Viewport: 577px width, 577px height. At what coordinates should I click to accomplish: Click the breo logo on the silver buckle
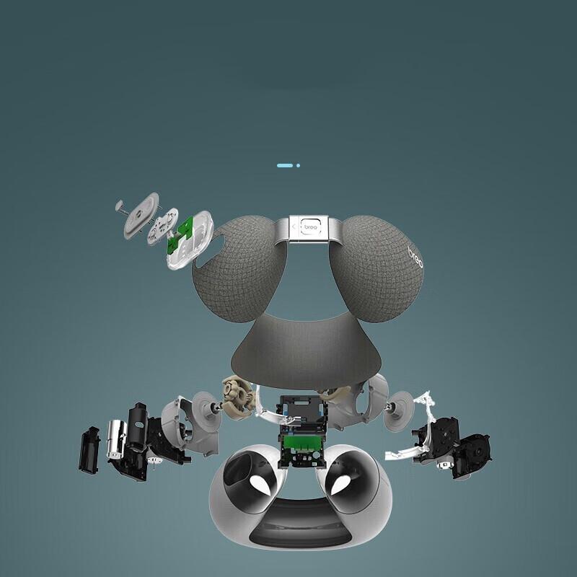click(311, 227)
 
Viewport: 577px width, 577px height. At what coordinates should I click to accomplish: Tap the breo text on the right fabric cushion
click(415, 257)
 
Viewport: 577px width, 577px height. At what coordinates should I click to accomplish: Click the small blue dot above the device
click(298, 166)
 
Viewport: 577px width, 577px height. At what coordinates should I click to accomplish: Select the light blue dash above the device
click(285, 166)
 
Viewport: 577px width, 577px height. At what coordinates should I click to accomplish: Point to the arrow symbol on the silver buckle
click(294, 226)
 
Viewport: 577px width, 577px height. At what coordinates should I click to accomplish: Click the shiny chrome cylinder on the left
click(116, 439)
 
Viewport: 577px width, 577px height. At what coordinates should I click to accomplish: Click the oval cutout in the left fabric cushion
click(211, 251)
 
